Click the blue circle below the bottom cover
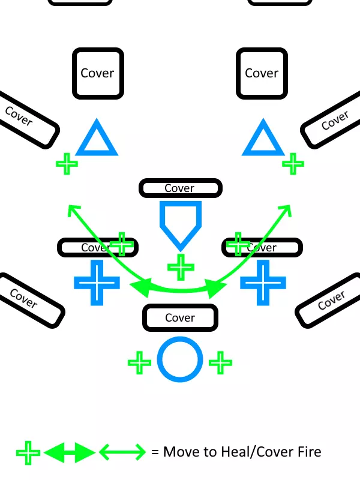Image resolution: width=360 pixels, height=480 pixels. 179,360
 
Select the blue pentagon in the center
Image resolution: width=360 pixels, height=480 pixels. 179,222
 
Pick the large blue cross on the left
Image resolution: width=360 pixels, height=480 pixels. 95,282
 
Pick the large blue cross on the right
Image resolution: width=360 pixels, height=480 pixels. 263,282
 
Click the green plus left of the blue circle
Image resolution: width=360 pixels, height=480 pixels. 139,362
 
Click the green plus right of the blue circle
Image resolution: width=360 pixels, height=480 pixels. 220,362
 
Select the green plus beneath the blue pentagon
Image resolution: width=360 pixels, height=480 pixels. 180,266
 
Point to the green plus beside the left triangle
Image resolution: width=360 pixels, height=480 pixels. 67,163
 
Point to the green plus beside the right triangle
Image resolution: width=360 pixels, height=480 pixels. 293,163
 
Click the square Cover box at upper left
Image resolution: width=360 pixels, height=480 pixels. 98,73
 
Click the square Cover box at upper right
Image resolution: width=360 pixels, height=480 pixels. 262,73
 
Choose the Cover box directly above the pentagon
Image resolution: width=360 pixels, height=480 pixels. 180,188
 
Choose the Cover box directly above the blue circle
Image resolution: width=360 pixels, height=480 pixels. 180,317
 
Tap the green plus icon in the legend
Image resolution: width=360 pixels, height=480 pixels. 28,452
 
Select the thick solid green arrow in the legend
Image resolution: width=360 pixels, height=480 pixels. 70,452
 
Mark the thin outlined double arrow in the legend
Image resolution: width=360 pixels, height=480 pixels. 122,452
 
